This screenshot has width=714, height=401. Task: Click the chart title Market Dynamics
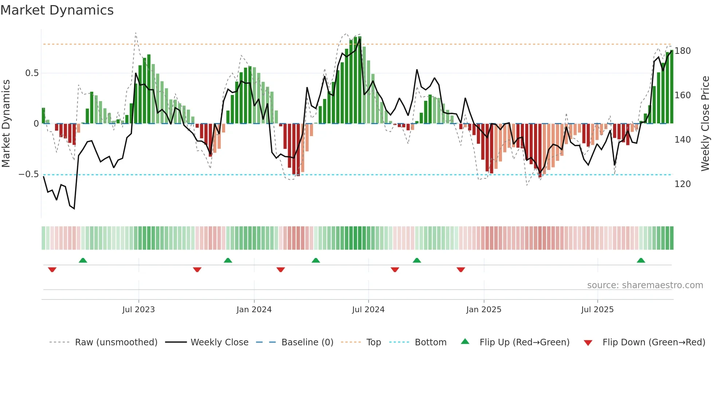click(57, 10)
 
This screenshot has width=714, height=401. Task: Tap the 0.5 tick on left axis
click(32, 73)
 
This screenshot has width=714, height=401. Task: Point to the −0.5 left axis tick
click(28, 174)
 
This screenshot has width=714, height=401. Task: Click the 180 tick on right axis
click(682, 51)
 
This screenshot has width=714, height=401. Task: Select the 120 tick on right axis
click(682, 184)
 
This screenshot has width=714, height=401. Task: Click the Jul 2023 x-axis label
click(138, 310)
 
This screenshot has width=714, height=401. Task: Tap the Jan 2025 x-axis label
click(483, 310)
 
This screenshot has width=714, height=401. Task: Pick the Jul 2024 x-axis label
click(368, 310)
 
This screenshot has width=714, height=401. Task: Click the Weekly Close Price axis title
click(705, 124)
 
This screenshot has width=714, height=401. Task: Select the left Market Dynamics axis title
click(6, 124)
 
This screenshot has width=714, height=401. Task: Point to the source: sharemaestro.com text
click(645, 285)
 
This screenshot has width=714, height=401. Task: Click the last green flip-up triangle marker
click(641, 261)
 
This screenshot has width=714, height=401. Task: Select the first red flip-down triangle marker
click(52, 270)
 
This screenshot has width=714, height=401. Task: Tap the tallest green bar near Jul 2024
click(360, 80)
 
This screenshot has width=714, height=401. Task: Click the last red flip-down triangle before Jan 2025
click(461, 270)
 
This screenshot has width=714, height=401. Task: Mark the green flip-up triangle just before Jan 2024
click(228, 261)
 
